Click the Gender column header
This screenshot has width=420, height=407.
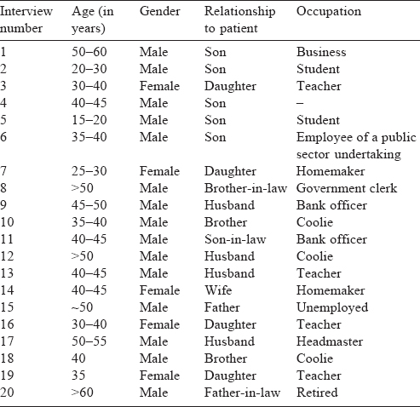[x=160, y=11]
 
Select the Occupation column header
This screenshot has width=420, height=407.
[x=329, y=12]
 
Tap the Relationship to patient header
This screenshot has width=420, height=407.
[x=240, y=20]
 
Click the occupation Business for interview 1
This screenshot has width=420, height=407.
[x=321, y=52]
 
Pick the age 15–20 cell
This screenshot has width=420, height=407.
[x=89, y=120]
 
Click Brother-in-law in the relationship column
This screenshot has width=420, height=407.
[x=245, y=188]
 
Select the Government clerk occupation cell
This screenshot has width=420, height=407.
[x=347, y=188]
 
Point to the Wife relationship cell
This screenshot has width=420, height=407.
[x=218, y=290]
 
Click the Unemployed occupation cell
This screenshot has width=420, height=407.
[x=332, y=307]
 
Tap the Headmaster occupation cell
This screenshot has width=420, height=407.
[x=330, y=341]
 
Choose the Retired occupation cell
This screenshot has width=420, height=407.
[x=317, y=393]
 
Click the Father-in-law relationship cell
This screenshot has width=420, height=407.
[x=242, y=393]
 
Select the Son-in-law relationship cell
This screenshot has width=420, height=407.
[x=235, y=239]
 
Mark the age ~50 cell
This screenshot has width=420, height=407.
[x=82, y=307]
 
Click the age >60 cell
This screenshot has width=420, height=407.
[x=83, y=393]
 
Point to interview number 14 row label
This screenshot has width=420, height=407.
[x=7, y=290]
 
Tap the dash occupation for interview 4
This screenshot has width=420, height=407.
[x=300, y=103]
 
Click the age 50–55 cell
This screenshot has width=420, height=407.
[x=89, y=341]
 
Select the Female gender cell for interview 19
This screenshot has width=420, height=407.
[x=159, y=375]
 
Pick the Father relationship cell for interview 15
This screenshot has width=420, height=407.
[x=222, y=307]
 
